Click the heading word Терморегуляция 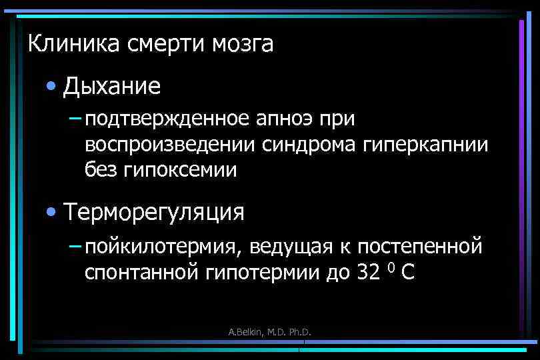(155, 213)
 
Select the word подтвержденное (167, 119)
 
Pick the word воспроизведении (171, 145)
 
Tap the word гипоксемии (181, 170)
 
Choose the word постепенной (419, 247)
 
